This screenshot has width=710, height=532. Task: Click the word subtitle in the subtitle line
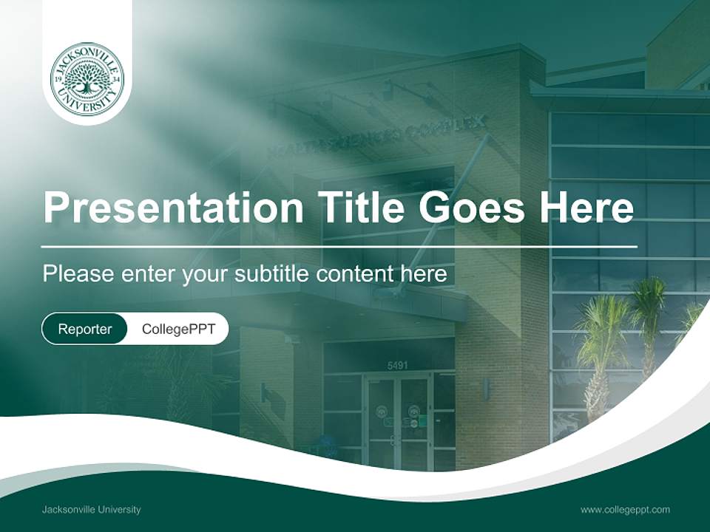click(272, 274)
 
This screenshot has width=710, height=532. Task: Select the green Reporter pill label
click(85, 329)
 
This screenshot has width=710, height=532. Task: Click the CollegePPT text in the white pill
click(178, 329)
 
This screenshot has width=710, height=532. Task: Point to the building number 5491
click(398, 365)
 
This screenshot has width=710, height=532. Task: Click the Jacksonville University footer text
click(92, 510)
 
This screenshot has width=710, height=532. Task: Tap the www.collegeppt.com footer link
click(625, 510)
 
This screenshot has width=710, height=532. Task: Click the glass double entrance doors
click(399, 421)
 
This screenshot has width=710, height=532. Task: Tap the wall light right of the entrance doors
click(486, 389)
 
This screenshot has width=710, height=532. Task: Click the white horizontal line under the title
click(339, 246)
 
